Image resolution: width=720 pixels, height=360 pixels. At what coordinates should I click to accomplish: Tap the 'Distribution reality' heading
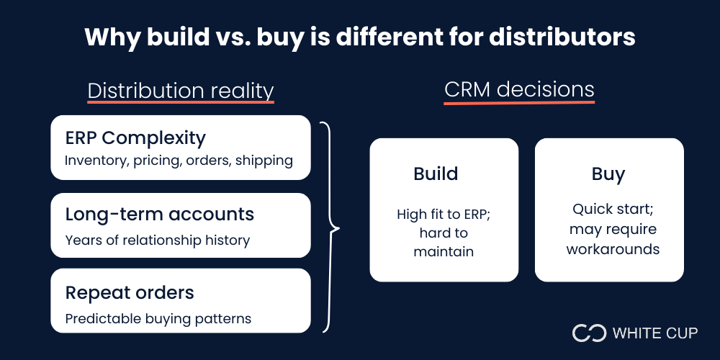tap(181, 91)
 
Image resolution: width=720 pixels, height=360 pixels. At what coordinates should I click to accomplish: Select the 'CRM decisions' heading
tap(519, 89)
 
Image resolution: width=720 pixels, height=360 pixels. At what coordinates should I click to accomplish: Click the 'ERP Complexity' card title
tap(135, 138)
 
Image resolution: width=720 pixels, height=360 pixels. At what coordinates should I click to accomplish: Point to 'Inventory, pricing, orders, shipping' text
tap(179, 161)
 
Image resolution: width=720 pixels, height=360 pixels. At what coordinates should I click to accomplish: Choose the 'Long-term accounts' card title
tap(160, 214)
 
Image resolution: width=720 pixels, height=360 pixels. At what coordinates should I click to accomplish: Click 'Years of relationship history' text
tap(157, 240)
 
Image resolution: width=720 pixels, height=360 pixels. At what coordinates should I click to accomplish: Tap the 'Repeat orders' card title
tap(130, 292)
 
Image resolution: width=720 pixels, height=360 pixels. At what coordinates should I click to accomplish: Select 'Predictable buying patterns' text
tap(158, 318)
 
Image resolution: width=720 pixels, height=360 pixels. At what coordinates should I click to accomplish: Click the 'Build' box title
tap(436, 174)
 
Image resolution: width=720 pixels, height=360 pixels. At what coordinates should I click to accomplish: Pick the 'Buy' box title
tap(608, 174)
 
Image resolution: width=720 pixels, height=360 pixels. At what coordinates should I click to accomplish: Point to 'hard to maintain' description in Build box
tap(444, 243)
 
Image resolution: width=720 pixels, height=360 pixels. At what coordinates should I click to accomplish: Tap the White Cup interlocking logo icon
tap(589, 333)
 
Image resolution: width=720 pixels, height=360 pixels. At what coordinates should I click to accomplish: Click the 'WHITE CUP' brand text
tap(655, 333)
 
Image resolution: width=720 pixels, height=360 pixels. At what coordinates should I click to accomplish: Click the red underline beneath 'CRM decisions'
tap(519, 103)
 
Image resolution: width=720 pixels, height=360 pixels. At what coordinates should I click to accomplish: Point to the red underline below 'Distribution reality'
tap(181, 104)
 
